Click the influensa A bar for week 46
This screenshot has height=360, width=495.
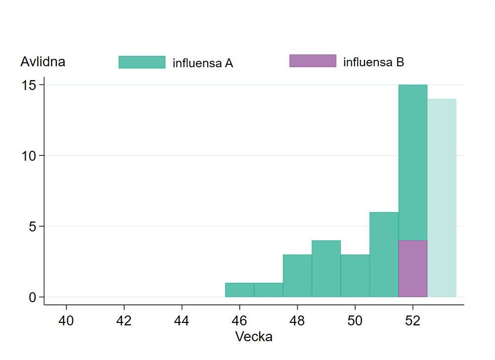tap(240, 290)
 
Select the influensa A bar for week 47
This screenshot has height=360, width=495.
tap(269, 290)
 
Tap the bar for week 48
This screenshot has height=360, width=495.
tap(297, 276)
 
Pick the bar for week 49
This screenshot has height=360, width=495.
tap(326, 269)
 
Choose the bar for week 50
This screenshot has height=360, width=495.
tap(355, 276)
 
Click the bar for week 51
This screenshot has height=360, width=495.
tap(384, 255)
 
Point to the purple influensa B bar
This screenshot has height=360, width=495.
tap(413, 269)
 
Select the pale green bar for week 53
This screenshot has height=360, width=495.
tap(442, 198)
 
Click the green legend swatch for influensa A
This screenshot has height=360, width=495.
tap(142, 62)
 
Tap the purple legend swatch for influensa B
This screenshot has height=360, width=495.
tap(313, 61)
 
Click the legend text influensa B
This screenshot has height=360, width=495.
tap(374, 62)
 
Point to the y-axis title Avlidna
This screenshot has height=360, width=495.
tap(43, 62)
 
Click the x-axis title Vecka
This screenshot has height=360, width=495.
tap(254, 337)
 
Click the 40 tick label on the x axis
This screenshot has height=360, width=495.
tap(66, 320)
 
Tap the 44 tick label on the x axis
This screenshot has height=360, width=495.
tap(182, 320)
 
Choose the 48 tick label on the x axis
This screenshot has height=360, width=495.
tap(297, 320)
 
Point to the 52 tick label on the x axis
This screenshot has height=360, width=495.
tap(413, 320)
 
